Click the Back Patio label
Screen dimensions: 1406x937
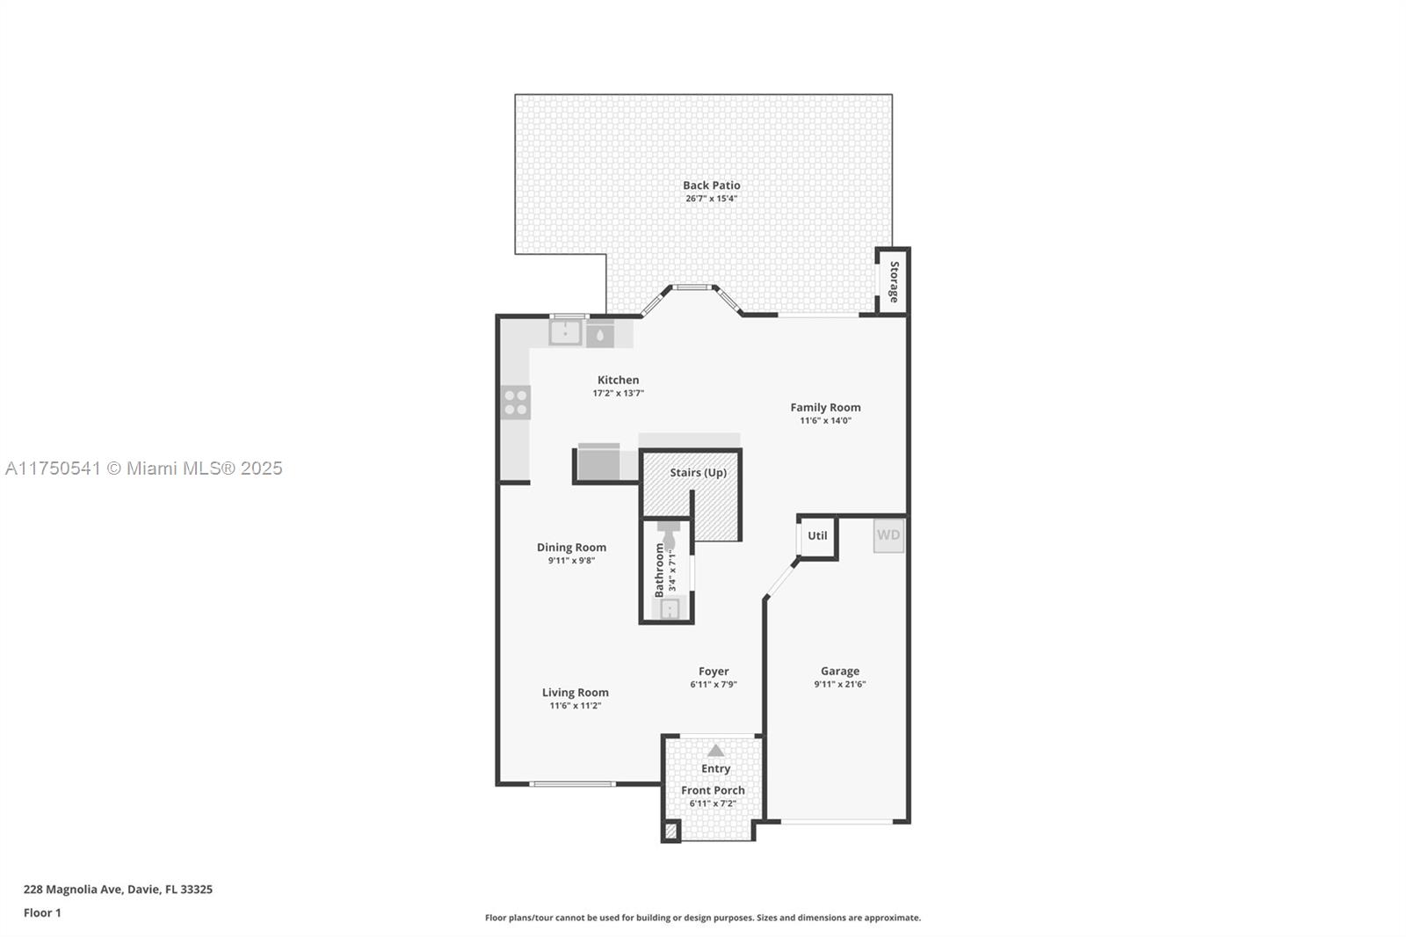(711, 185)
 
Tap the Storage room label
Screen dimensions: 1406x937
(894, 282)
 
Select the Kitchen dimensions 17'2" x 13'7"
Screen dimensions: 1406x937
(619, 394)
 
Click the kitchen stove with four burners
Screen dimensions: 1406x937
(515, 403)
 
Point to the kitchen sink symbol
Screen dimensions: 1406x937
(565, 333)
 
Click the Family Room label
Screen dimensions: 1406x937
(825, 408)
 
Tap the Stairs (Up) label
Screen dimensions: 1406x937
(698, 472)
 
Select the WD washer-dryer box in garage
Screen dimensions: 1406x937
(888, 535)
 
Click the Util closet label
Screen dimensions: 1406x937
(817, 535)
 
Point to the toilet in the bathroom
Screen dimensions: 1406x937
(669, 534)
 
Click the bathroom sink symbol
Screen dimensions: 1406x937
(670, 608)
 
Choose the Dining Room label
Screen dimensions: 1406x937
(571, 548)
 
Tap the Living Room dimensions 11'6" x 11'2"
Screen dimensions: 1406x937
(576, 706)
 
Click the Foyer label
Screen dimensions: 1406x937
(714, 672)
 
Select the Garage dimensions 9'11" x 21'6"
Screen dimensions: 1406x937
(840, 685)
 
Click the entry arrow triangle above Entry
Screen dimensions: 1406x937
(715, 751)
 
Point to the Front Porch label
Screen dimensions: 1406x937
(713, 791)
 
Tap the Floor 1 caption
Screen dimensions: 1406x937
(42, 913)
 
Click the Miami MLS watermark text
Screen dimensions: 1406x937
(144, 468)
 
